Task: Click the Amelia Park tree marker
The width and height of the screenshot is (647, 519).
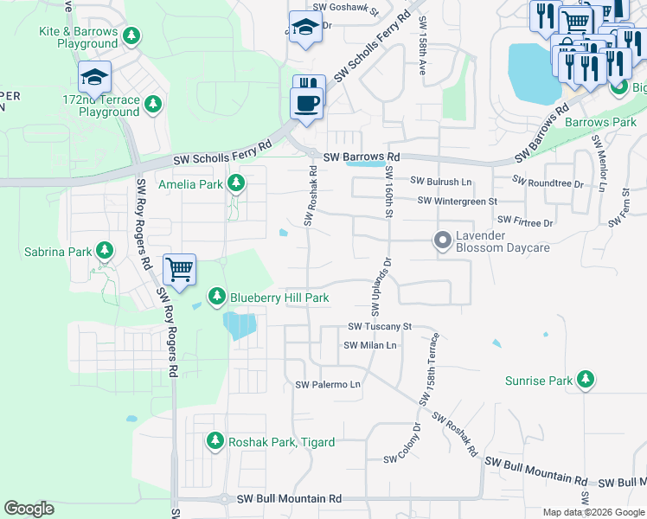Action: pyautogui.click(x=235, y=183)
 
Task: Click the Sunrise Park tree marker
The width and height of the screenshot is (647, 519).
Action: pyautogui.click(x=586, y=380)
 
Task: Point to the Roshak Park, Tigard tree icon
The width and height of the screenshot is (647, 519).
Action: pyautogui.click(x=215, y=441)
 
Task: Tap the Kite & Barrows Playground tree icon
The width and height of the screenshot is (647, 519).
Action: pyautogui.click(x=131, y=35)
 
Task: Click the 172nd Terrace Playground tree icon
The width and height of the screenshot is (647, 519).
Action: pyautogui.click(x=152, y=104)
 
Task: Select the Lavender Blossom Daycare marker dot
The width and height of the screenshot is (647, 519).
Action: pyautogui.click(x=442, y=240)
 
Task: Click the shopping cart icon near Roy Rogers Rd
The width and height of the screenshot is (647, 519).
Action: pyautogui.click(x=179, y=270)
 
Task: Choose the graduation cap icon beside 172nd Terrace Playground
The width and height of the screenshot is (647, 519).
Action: pyautogui.click(x=93, y=78)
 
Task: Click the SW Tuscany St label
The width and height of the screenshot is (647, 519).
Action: pyautogui.click(x=380, y=327)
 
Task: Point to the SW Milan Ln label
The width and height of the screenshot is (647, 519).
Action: pyautogui.click(x=369, y=345)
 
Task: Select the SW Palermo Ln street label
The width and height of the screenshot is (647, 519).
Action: pyautogui.click(x=328, y=385)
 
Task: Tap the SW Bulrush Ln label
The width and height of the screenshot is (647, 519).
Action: pyautogui.click(x=441, y=182)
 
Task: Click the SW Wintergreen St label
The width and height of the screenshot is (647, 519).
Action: pyautogui.click(x=458, y=201)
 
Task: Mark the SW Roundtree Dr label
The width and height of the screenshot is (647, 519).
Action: pyautogui.click(x=548, y=183)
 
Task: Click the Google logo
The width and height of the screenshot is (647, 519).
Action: pyautogui.click(x=29, y=509)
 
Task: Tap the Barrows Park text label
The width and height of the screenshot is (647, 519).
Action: pyautogui.click(x=600, y=122)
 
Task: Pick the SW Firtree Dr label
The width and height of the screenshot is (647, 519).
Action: pyautogui.click(x=525, y=222)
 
